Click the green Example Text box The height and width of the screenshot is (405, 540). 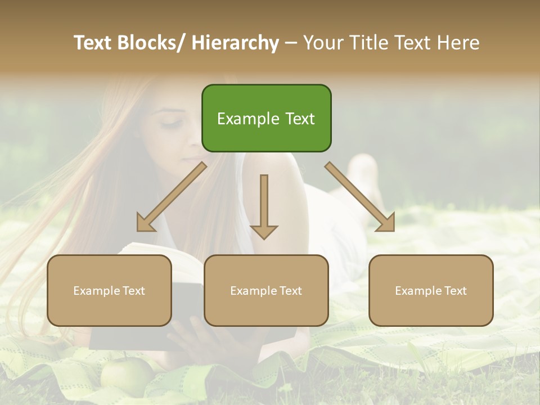click(x=266, y=118)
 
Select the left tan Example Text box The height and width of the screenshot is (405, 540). click(x=109, y=290)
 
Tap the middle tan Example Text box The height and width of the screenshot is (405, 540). click(x=266, y=290)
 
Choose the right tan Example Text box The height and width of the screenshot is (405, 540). click(x=431, y=290)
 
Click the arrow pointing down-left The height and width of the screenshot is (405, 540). click(x=172, y=197)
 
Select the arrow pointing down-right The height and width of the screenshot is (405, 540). click(x=360, y=197)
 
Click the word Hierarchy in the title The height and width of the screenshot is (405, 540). click(x=235, y=43)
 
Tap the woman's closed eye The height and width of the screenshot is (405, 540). click(x=169, y=122)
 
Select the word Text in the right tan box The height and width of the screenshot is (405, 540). click(x=454, y=291)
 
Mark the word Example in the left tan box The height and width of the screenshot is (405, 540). click(x=97, y=291)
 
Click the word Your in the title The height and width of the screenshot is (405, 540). click(x=321, y=43)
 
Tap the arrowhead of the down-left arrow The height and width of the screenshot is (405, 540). click(x=145, y=224)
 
